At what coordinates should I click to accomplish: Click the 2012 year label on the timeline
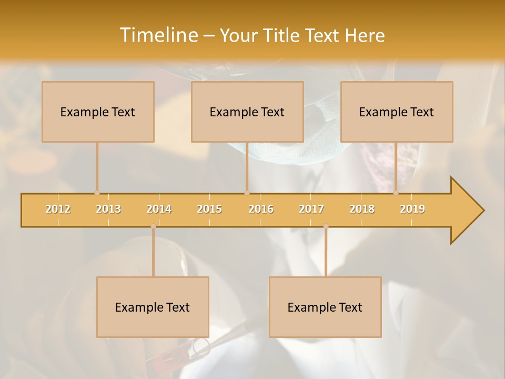58,209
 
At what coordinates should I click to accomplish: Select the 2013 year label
108,209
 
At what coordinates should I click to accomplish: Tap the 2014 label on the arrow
159,209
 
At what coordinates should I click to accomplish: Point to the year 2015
209,209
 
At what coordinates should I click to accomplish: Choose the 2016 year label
261,209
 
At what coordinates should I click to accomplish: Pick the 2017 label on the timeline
311,209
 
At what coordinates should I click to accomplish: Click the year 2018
362,209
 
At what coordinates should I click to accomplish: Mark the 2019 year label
412,209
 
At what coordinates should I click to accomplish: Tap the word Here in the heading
365,35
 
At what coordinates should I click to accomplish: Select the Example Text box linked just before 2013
98,112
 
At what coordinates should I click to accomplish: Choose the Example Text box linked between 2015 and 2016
247,112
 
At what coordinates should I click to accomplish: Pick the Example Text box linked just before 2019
397,112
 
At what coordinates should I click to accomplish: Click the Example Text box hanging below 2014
153,307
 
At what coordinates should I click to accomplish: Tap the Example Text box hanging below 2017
325,307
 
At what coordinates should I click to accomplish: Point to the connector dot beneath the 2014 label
153,226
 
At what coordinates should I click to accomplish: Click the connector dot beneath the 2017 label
326,226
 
